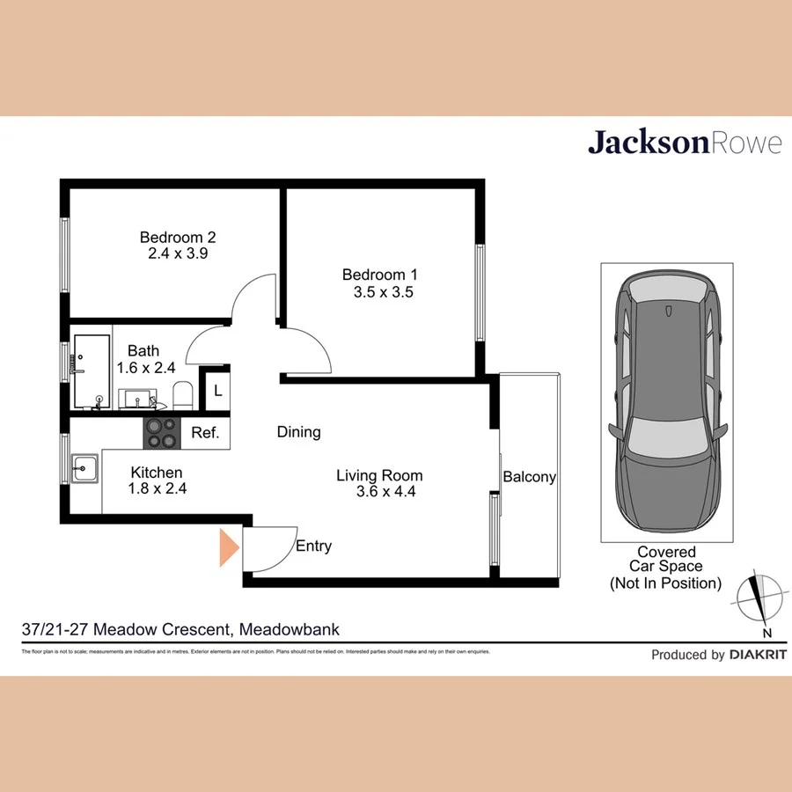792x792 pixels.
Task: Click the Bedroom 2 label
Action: [178, 237]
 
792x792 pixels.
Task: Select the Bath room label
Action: [143, 351]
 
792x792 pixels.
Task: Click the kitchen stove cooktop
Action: [161, 432]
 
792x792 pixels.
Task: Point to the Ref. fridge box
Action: [205, 433]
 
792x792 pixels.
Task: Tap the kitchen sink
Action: [84, 468]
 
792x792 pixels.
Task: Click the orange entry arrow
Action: [229, 546]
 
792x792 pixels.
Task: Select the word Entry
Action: [313, 546]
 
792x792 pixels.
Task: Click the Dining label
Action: [298, 432]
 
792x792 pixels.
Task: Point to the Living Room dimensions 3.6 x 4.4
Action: [379, 493]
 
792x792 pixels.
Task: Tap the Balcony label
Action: [529, 477]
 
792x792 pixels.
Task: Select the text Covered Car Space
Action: [666, 559]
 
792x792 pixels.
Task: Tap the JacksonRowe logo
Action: [684, 143]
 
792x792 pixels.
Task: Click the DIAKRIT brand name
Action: [758, 655]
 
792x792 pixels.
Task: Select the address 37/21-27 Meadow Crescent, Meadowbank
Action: [180, 629]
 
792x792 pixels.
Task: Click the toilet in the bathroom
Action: [182, 395]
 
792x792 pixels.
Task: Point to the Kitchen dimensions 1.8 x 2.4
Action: [156, 488]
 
